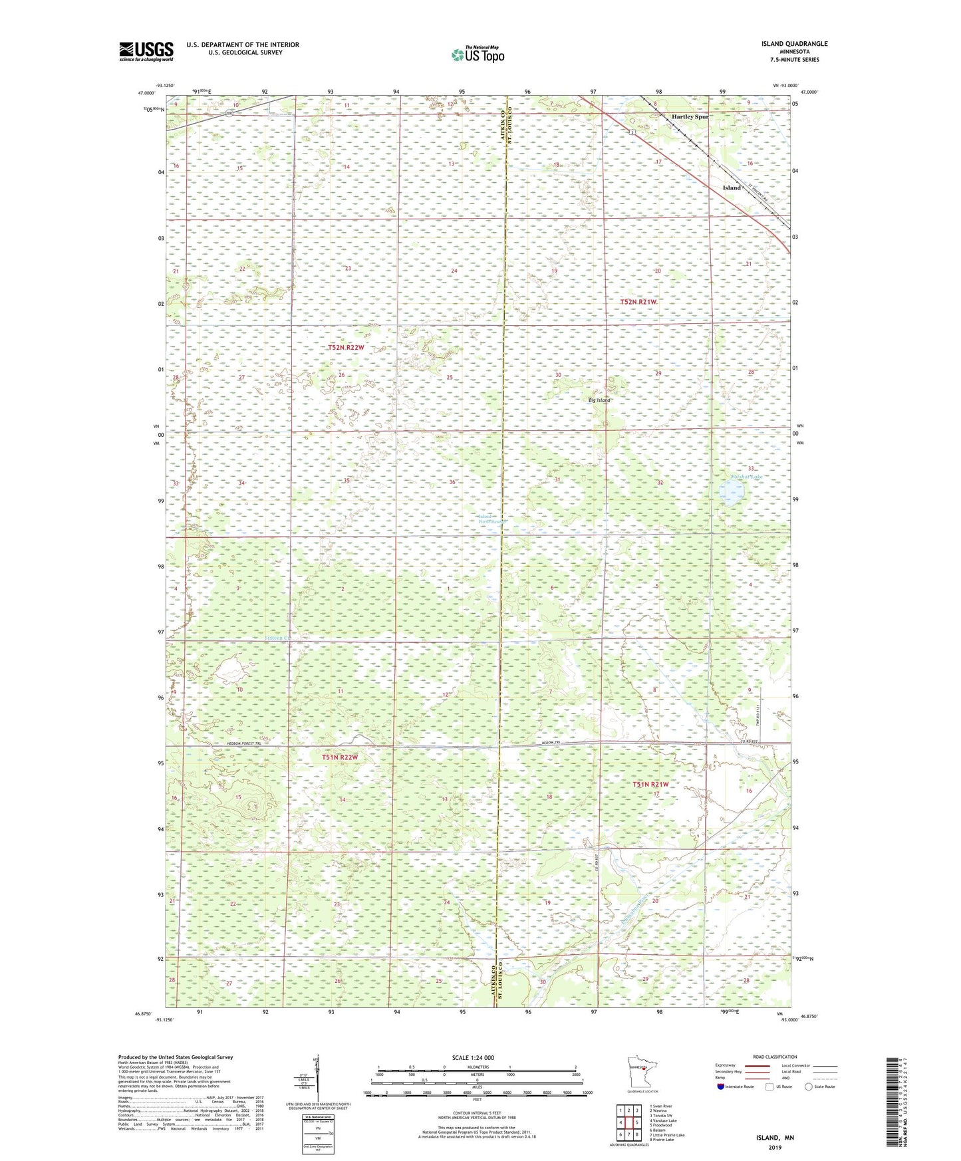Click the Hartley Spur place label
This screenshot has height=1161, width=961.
click(690, 116)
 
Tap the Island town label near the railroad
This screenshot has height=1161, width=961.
click(732, 188)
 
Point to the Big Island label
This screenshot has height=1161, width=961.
click(599, 400)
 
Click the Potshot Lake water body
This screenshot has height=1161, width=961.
click(733, 492)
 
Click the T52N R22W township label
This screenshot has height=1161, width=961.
click(346, 348)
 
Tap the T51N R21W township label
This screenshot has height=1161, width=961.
click(650, 784)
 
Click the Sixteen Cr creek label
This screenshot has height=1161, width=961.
click(278, 637)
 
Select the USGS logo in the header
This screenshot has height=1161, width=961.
click(146, 51)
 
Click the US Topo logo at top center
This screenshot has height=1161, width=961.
click(478, 55)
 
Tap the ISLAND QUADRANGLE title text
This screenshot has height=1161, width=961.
click(795, 44)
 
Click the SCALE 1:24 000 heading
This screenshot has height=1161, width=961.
click(472, 1057)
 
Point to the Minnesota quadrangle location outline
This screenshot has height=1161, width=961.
click(642, 1072)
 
